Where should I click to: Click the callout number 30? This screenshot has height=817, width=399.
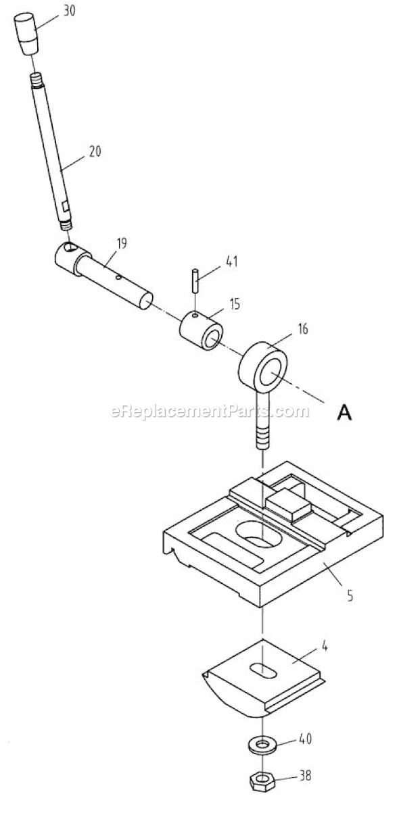click(69, 10)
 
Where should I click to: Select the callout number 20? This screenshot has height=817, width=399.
click(95, 151)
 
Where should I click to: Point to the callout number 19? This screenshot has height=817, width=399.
click(122, 243)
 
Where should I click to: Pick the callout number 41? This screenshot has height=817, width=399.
click(231, 261)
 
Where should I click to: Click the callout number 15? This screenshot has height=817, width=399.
click(235, 304)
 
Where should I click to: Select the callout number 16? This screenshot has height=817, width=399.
click(303, 329)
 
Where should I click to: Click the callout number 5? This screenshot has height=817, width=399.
click(350, 596)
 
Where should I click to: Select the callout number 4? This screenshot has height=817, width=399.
click(325, 647)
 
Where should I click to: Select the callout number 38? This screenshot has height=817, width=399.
click(305, 775)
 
